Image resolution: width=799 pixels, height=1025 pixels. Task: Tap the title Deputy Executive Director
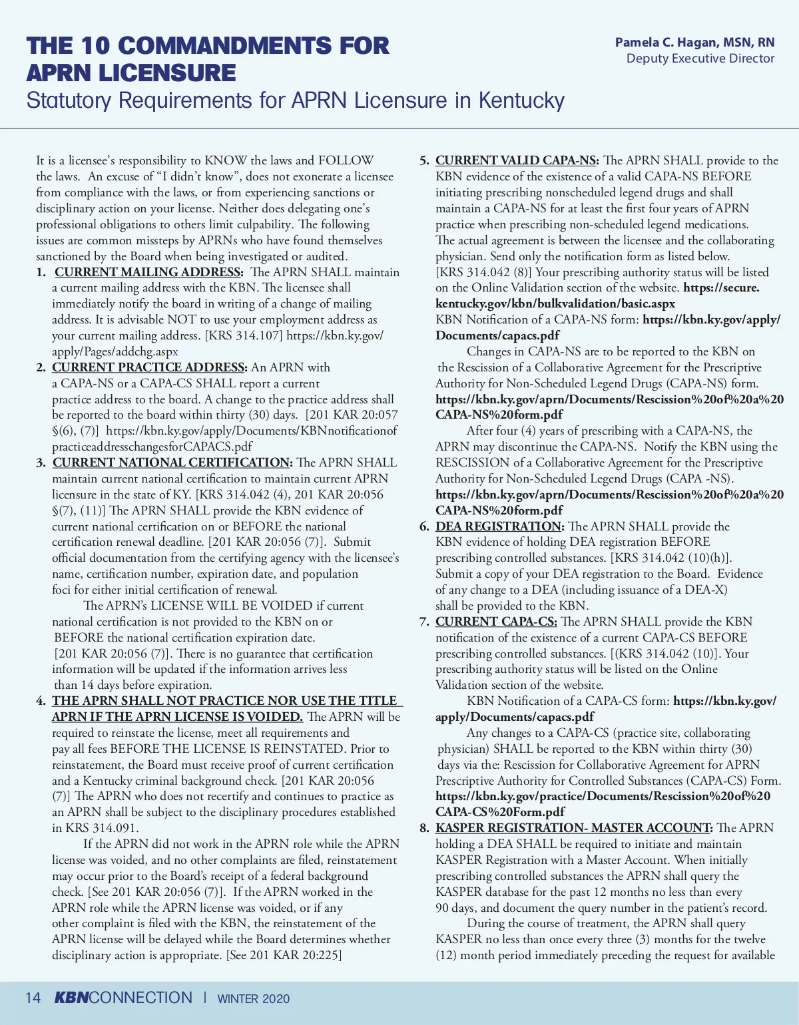tap(700, 59)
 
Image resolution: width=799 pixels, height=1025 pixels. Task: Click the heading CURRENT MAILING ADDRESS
tap(148, 272)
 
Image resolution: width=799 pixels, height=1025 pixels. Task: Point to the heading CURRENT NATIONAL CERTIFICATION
tap(172, 463)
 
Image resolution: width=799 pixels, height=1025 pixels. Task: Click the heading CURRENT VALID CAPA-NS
tap(517, 160)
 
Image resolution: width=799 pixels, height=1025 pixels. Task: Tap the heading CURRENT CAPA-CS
tap(496, 622)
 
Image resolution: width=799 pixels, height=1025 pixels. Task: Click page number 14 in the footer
tap(33, 998)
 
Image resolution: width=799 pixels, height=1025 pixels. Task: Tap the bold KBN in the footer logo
tap(71, 998)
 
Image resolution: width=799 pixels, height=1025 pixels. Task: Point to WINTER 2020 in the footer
tap(254, 998)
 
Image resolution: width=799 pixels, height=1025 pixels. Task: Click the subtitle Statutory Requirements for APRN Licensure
tap(295, 101)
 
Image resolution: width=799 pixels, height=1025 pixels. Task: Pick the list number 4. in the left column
tap(41, 701)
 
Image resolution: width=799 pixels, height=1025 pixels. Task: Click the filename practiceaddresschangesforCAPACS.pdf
tap(152, 447)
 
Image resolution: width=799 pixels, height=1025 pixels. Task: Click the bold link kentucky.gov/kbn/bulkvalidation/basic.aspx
tap(555, 304)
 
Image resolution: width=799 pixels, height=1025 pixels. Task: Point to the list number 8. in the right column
tap(424, 828)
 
